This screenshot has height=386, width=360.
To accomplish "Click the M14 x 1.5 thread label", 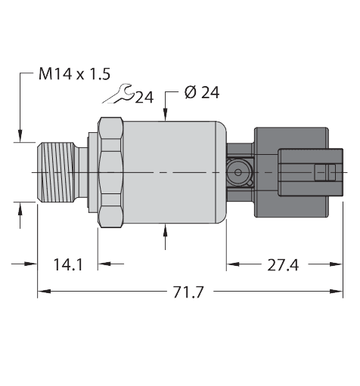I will pos(74,74).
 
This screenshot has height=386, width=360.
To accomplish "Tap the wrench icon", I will pos(119,94).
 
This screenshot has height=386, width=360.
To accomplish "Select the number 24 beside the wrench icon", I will pos(144,97).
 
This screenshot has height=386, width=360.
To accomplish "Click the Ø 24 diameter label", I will pos(201,94).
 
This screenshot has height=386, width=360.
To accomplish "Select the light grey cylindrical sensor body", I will pos(174,172).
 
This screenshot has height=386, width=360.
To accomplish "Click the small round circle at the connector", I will pos(240,173).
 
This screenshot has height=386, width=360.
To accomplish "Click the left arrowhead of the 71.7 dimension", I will pos(43,291).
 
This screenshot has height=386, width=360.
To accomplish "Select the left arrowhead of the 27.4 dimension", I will pos(232,264).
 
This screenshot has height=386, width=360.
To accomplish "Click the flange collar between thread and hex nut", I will pos(93,172).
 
